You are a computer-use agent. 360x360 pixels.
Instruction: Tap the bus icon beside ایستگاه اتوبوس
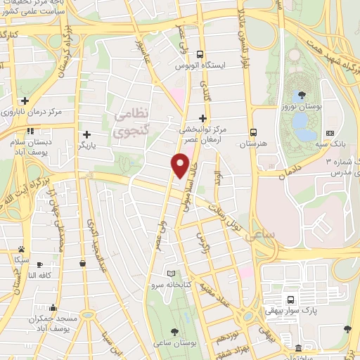point(200,54)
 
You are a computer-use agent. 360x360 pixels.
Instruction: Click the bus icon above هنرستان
point(253,131)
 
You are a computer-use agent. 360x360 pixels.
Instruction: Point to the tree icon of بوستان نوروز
point(301,94)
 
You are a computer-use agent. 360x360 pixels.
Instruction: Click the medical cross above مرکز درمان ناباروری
point(25,101)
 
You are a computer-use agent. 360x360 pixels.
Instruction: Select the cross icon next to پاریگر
point(86,135)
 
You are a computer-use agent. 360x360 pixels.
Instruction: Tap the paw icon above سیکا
point(22,249)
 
